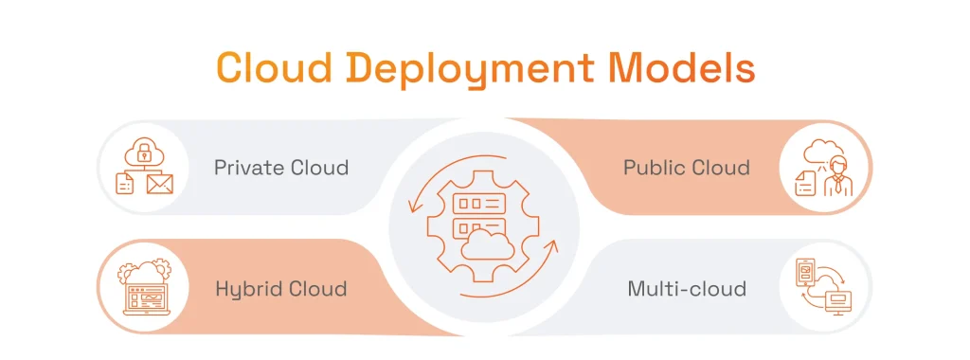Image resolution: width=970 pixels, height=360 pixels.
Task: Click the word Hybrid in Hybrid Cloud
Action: point(246,288)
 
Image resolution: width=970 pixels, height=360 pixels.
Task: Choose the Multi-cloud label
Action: point(687,288)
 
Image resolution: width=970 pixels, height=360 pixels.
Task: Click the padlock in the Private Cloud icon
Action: point(143,151)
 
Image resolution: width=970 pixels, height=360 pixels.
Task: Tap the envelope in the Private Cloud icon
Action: point(160,183)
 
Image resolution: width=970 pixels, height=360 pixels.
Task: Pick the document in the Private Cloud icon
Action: point(125,183)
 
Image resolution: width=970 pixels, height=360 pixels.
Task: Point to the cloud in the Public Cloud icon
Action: point(817,153)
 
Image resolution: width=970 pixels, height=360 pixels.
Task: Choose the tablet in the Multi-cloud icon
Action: point(803,273)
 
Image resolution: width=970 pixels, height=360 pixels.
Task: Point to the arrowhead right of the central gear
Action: point(552,249)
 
